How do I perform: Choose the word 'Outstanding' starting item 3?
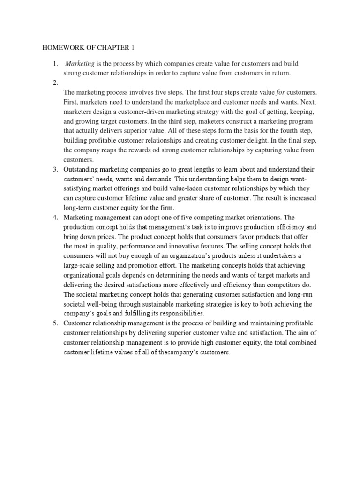84,169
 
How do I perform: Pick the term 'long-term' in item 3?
80,208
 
